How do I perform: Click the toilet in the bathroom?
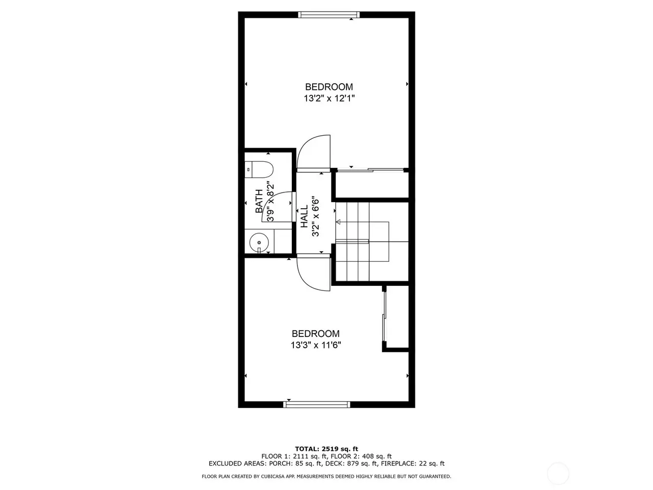[259, 169]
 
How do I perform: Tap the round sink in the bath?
[259, 242]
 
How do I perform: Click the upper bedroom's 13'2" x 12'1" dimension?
[329, 98]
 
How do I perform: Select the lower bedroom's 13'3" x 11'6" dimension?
[316, 345]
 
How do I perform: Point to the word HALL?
[304, 216]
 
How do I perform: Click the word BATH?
[259, 201]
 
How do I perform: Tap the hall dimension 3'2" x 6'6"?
[315, 216]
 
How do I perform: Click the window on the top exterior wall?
[329, 15]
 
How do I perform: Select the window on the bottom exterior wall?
[316, 404]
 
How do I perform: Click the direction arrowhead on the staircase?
[338, 222]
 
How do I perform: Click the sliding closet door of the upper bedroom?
[370, 170]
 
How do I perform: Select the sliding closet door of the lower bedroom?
[384, 316]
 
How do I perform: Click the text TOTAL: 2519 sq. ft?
[326, 449]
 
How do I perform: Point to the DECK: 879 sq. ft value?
[352, 463]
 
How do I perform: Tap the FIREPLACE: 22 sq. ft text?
[413, 463]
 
